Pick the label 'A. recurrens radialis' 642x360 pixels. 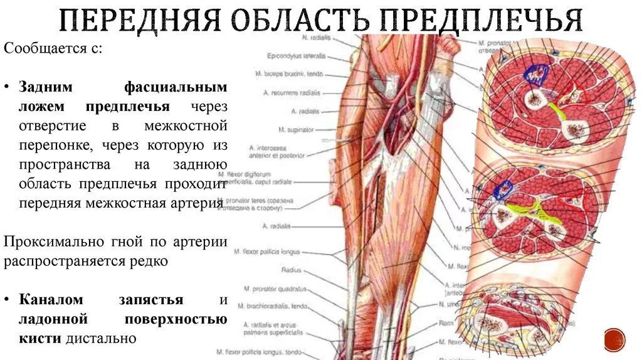(293, 92)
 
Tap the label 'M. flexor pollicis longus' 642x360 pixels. (267, 252)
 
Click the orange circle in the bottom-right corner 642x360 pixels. (614, 339)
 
